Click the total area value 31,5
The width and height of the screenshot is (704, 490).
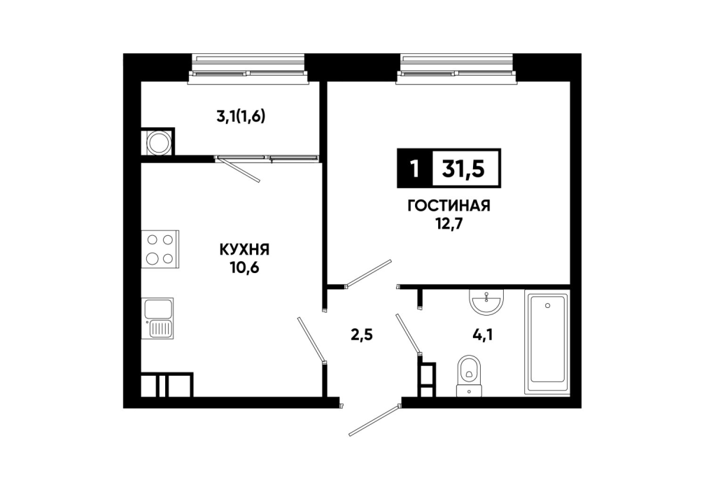463,169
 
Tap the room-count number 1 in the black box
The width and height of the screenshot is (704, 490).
414,169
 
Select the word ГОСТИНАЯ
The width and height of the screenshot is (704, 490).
449,206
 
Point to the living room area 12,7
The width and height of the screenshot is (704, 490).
449,223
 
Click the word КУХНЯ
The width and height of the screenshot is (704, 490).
245,250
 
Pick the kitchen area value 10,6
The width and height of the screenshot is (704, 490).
245,267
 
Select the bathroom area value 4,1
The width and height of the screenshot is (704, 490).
483,335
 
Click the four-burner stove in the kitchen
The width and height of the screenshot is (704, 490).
160,249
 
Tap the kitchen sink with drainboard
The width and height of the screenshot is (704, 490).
158,318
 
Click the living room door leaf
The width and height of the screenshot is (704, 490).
367,272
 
